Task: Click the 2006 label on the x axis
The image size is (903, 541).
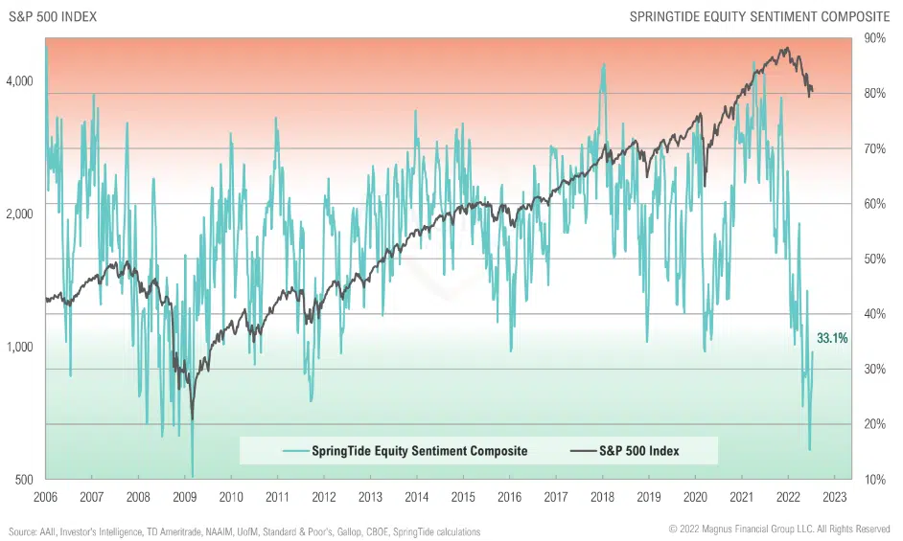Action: [45, 497]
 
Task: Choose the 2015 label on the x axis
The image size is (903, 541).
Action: [463, 497]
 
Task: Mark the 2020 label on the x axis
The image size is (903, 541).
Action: [695, 497]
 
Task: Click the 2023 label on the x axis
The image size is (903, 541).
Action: [834, 497]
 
